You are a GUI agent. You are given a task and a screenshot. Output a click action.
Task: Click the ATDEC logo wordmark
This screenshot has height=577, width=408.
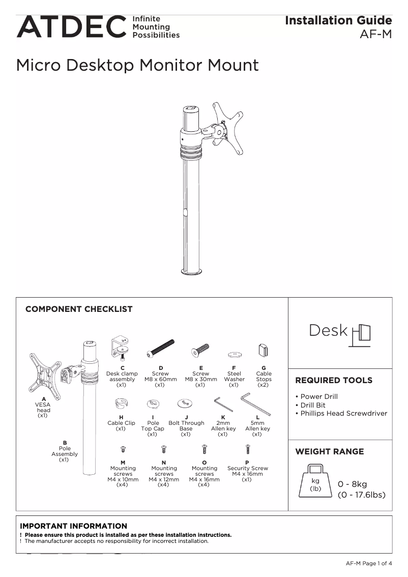coord(71,26)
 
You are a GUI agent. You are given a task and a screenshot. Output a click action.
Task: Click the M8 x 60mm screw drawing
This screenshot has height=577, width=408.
coord(160,348)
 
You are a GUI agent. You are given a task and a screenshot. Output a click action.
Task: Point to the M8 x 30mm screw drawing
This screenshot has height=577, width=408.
coord(200,350)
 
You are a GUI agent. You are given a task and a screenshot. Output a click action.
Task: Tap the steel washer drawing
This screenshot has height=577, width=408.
coord(234,352)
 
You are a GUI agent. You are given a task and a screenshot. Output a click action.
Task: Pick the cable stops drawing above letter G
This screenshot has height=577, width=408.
coord(264,351)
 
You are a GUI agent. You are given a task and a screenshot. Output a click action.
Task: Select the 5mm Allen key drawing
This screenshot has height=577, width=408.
coord(255,404)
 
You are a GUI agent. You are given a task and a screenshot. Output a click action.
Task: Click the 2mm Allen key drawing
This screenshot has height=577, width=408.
coord(223,404)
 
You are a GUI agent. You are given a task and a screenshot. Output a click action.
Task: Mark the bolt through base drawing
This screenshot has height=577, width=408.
coord(185,404)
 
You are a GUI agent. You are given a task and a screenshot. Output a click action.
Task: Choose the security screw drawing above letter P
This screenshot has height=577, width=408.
coord(248,449)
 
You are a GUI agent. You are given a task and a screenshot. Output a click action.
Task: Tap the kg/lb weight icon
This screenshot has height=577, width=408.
coord(316,480)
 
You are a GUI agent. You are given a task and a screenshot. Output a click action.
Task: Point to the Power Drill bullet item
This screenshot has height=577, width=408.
coord(318,397)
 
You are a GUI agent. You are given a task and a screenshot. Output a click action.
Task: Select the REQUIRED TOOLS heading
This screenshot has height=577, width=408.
coord(334,381)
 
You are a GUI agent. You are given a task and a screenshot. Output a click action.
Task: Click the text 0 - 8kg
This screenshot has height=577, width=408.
coord(352,484)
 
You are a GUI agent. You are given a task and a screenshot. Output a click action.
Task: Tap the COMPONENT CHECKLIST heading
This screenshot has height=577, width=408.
coord(79,309)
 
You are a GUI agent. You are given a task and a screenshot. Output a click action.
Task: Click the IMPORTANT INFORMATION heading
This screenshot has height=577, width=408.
coord(74,526)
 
